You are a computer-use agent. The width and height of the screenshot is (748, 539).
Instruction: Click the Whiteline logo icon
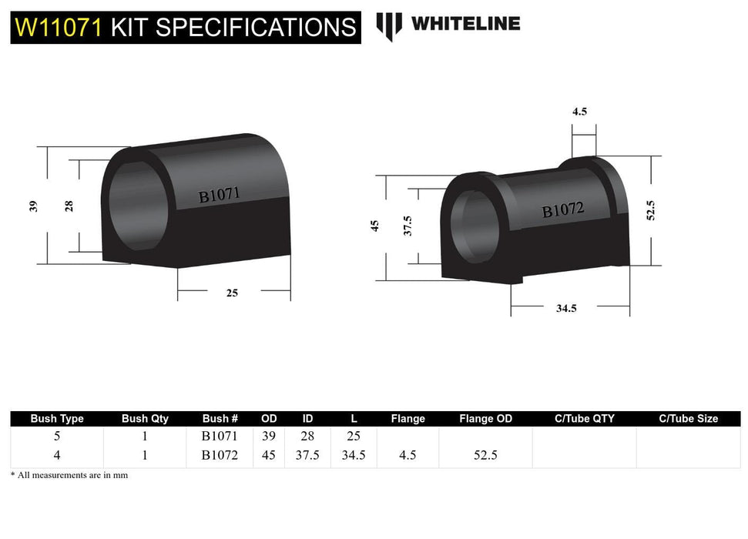389,25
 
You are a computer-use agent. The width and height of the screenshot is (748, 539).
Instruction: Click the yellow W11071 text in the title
58,28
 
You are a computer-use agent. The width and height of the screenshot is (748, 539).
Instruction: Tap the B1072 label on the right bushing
563,209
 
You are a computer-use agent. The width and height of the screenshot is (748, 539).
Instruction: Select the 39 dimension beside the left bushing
32,206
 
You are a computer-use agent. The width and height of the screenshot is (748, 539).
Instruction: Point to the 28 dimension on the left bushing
69,206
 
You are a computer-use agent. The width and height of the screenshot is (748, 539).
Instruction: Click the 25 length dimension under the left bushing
233,292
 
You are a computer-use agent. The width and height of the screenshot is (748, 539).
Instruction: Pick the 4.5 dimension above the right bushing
579,112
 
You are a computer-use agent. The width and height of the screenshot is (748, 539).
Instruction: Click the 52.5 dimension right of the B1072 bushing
650,210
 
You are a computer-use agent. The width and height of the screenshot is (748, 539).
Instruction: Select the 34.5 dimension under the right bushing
567,308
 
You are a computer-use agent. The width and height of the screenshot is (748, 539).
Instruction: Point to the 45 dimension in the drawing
375,226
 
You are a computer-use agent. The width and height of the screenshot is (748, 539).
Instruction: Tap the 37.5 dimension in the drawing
408,226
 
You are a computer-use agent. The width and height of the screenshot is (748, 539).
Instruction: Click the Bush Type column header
57,419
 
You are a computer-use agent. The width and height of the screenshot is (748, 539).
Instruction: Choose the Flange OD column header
485,419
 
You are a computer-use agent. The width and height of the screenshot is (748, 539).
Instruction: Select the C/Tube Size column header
688,419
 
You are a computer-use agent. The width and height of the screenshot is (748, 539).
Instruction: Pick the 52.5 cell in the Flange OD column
485,455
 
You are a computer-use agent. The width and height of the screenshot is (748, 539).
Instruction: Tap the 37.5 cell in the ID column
307,455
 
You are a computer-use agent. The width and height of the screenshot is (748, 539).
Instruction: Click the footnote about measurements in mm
69,475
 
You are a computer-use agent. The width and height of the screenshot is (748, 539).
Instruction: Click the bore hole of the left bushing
136,206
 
